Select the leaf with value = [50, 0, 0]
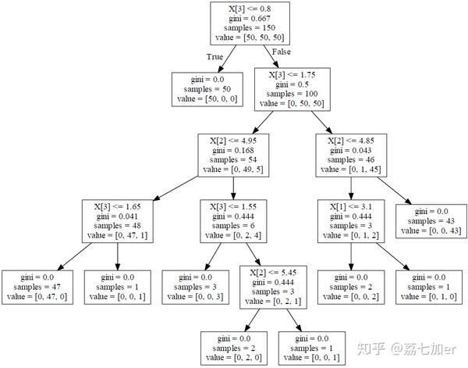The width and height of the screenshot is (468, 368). click(206, 88)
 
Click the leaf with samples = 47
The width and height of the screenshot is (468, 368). click(37, 287)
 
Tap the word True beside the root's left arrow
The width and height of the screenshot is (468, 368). click(214, 56)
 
